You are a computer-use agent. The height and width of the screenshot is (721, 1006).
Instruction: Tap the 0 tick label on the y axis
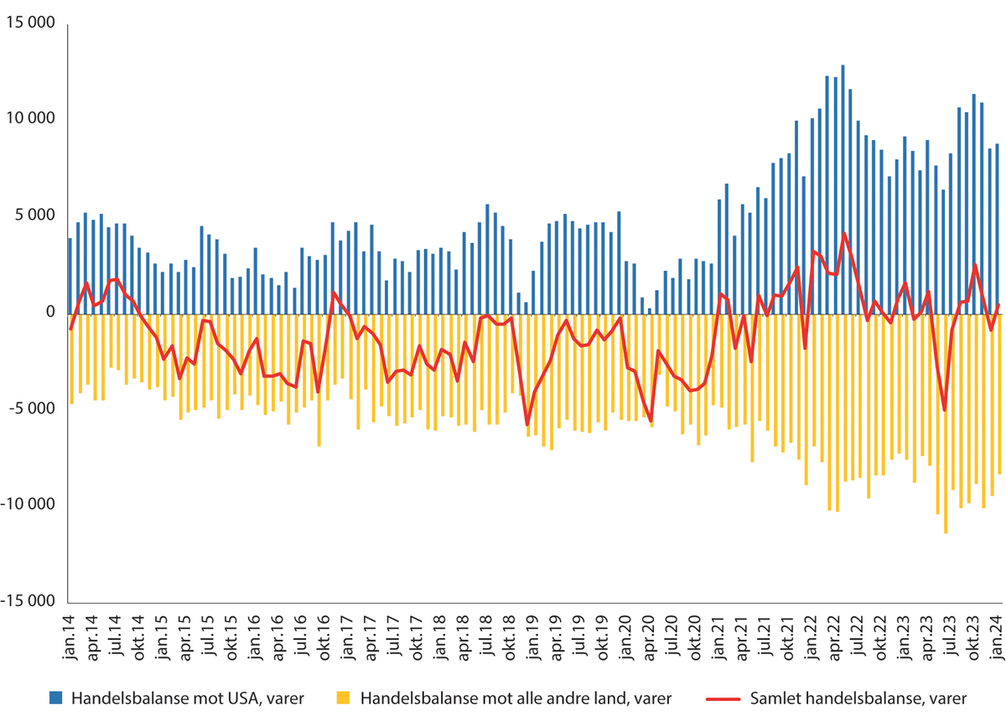[49, 313]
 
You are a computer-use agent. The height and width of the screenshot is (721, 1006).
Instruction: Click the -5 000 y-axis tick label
[32, 409]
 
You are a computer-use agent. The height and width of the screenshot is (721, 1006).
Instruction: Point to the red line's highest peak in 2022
[843, 233]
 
